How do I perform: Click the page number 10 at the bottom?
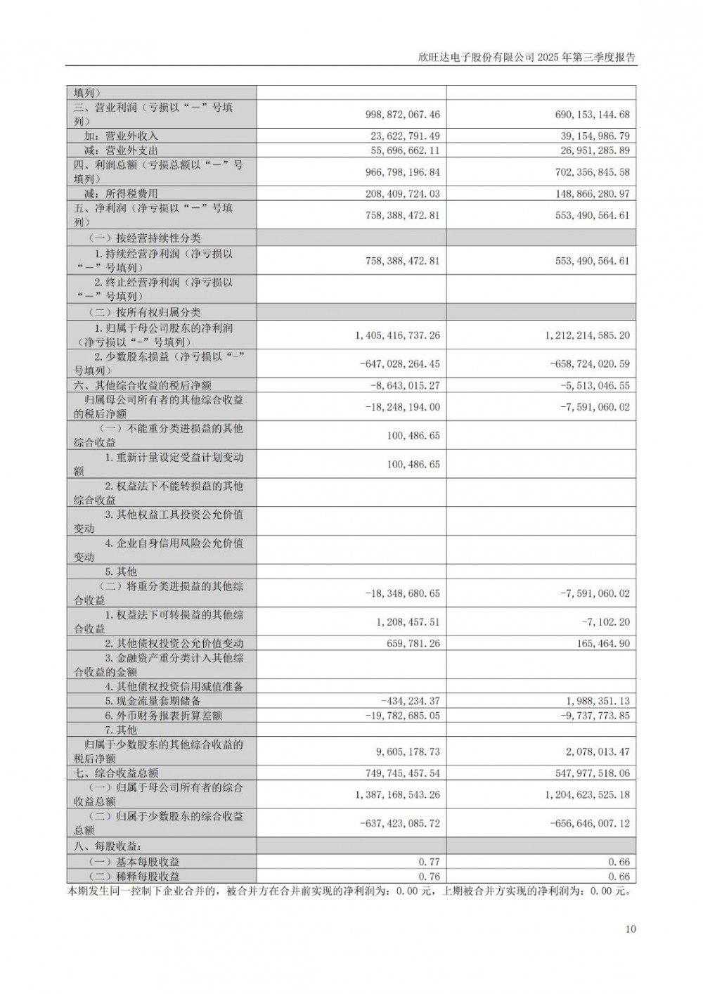click(630, 929)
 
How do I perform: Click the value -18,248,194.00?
click(403, 407)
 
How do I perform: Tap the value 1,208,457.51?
click(408, 621)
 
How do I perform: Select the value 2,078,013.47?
click(598, 751)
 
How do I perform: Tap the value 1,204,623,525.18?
click(588, 795)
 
